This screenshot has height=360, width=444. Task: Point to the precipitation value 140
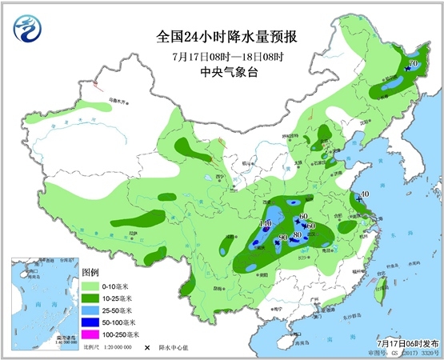click(x=266, y=224)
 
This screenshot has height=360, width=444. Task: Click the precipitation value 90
click(x=283, y=238)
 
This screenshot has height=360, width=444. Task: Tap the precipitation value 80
click(x=297, y=234)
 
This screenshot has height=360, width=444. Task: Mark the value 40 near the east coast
click(x=364, y=194)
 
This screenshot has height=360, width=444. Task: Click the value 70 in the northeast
click(x=413, y=64)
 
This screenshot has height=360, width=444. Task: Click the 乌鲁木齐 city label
click(x=118, y=102)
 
